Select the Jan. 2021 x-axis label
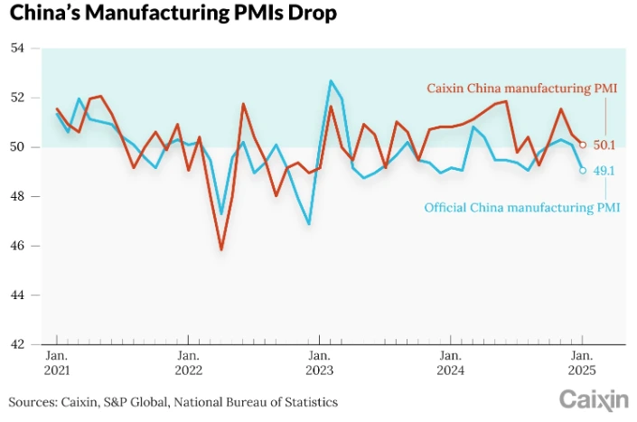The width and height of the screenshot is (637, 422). tap(58, 362)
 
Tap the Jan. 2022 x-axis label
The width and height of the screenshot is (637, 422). tap(189, 362)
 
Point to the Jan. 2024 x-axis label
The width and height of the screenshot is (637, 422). tap(451, 362)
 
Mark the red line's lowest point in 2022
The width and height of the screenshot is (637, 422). tap(221, 249)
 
